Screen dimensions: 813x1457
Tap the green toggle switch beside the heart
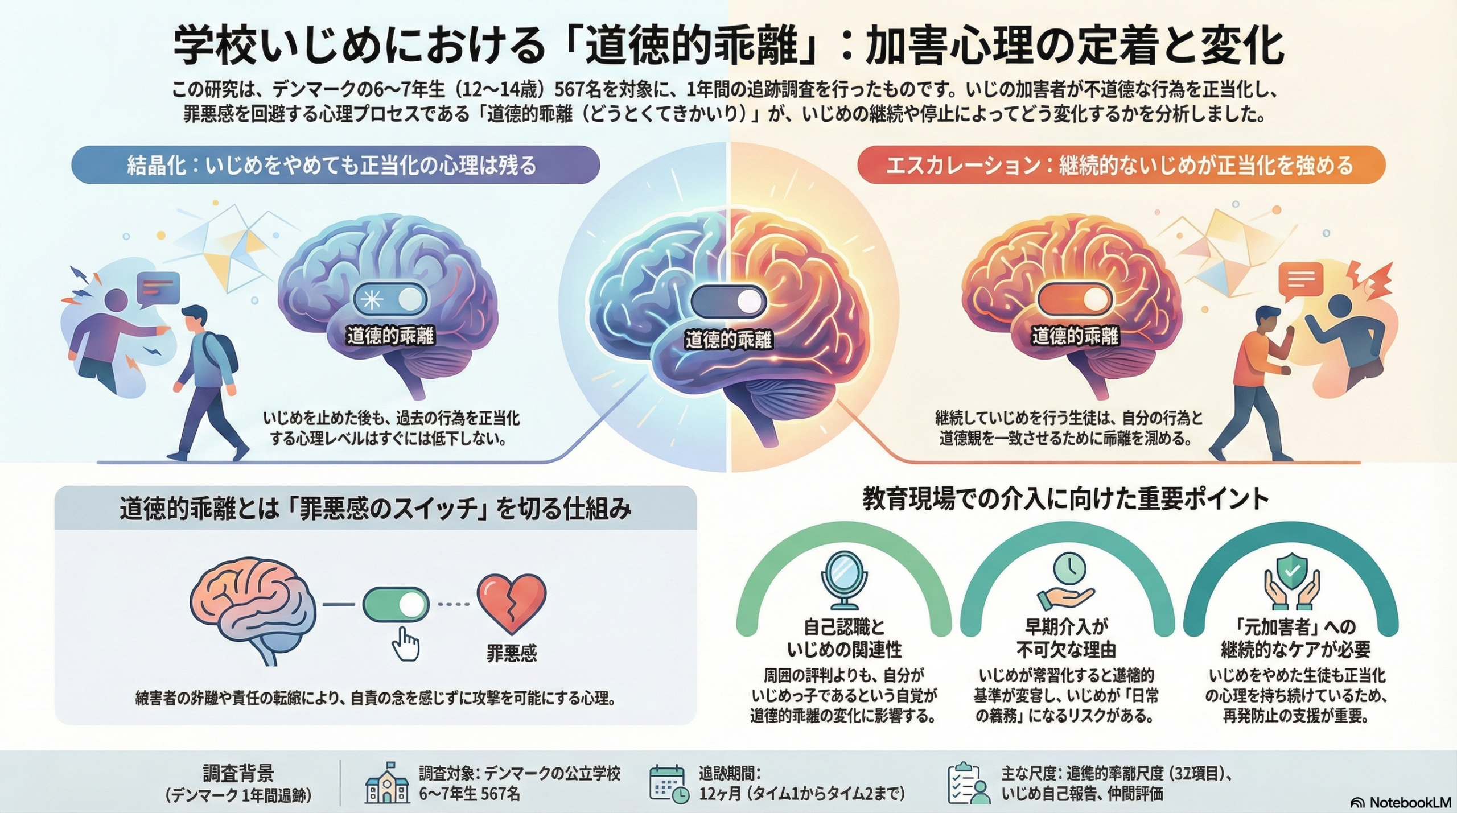[396, 604]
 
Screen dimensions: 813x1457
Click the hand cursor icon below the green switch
[406, 644]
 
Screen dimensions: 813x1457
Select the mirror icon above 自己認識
[844, 580]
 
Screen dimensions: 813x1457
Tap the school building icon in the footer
[387, 783]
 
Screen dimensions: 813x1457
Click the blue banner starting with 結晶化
[335, 165]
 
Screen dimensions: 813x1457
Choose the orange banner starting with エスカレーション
[1121, 165]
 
